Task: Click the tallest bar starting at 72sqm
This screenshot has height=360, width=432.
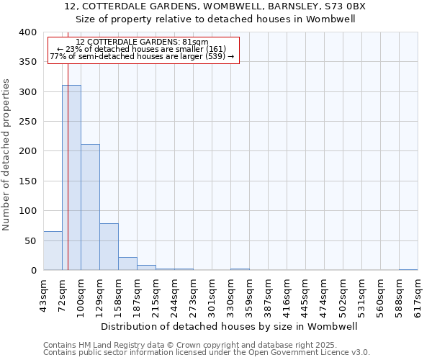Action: click(71, 178)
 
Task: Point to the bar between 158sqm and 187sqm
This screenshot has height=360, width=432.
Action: click(127, 264)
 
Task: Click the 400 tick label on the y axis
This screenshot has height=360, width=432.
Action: click(27, 32)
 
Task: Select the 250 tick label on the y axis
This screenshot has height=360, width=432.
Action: click(27, 122)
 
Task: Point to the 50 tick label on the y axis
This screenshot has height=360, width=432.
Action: click(30, 240)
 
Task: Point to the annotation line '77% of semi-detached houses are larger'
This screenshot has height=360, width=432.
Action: click(142, 56)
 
